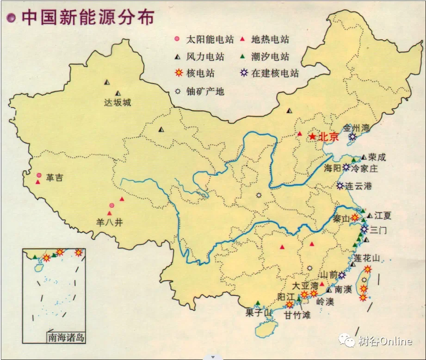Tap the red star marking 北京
(312, 137)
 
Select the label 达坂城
(117, 103)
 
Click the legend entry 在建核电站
(275, 73)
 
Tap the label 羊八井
(110, 222)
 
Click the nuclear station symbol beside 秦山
(355, 217)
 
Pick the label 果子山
(257, 312)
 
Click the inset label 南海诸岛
(66, 337)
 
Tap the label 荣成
(377, 157)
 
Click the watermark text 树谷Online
(384, 341)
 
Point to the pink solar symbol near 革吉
(39, 175)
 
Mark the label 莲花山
(367, 258)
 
